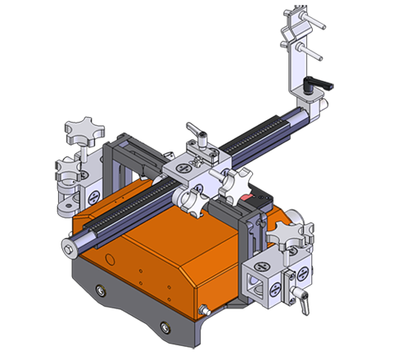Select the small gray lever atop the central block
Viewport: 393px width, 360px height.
(196, 131)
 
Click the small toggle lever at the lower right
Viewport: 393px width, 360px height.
(303, 302)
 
